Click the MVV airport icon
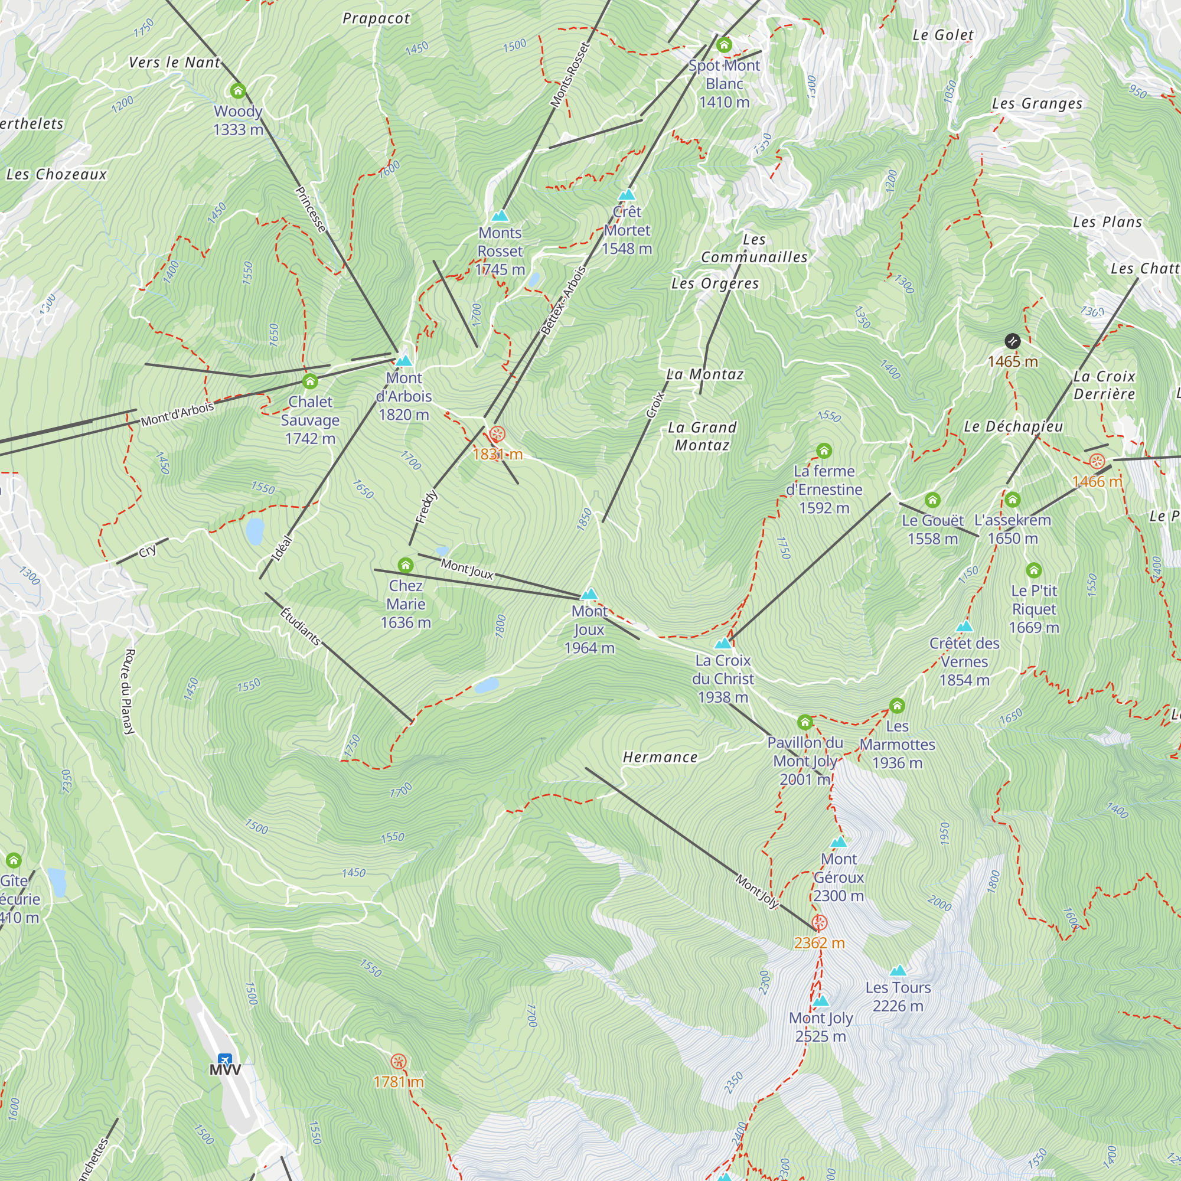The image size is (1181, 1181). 224,1059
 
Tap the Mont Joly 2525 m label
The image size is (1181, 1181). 820,1027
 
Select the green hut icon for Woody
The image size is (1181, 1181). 238,91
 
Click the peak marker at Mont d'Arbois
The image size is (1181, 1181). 403,361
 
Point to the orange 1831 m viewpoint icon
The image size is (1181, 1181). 497,435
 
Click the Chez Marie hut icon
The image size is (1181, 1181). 405,565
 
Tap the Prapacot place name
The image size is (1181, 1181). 376,19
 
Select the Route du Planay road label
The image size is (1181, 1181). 129,691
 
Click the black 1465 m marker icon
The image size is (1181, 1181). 1012,341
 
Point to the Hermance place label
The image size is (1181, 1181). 660,758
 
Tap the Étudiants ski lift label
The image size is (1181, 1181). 300,626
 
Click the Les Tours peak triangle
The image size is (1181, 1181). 898,971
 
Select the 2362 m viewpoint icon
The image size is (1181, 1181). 819,923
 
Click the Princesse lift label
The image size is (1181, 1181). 311,209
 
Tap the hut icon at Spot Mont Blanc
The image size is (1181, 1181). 724,45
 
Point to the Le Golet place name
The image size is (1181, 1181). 942,35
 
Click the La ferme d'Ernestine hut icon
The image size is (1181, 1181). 823,451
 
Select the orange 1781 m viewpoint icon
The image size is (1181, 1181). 399,1061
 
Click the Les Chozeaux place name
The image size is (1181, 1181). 56,175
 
